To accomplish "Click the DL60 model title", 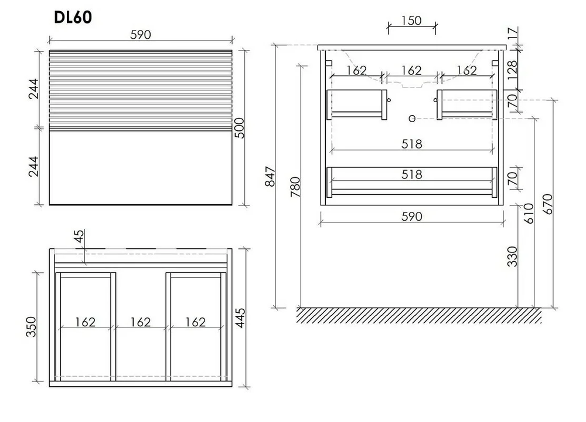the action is pyautogui.click(x=73, y=17).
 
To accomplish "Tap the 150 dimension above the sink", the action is pyautogui.click(x=411, y=20).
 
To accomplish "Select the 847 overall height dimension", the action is pyautogui.click(x=270, y=177).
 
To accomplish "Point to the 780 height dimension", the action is pyautogui.click(x=295, y=187).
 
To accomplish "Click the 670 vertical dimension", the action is pyautogui.click(x=547, y=204).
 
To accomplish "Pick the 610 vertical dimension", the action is pyautogui.click(x=529, y=214).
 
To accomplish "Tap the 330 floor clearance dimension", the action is pyautogui.click(x=512, y=256).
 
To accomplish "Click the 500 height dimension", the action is pyautogui.click(x=239, y=128).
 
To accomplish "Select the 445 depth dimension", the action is pyautogui.click(x=240, y=318).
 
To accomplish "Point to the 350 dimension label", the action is pyautogui.click(x=32, y=326).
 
